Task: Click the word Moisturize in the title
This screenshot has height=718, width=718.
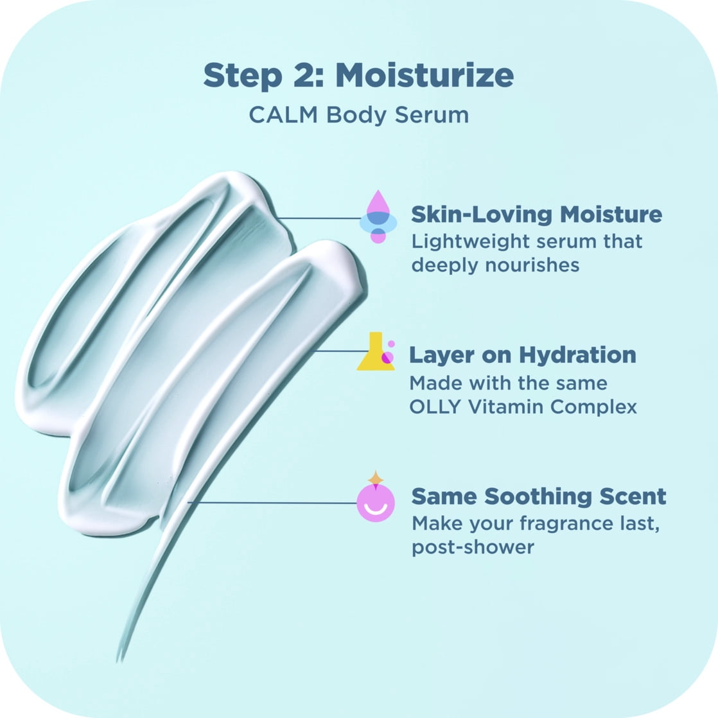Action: coord(425,75)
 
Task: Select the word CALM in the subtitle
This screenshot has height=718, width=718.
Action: coord(283,114)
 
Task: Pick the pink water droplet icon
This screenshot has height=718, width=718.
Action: coord(378,216)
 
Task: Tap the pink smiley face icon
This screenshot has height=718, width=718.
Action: coord(376,503)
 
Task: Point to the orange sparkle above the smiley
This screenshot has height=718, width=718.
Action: coord(376,478)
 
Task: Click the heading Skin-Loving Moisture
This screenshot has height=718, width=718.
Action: coord(536,215)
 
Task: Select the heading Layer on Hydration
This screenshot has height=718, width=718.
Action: coord(523,355)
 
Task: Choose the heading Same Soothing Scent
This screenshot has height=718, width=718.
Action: coord(538,496)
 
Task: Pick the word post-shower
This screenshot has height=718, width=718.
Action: coord(473,548)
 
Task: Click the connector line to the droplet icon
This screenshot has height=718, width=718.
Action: coord(319,218)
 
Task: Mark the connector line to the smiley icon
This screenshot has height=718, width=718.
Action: coord(272,502)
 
